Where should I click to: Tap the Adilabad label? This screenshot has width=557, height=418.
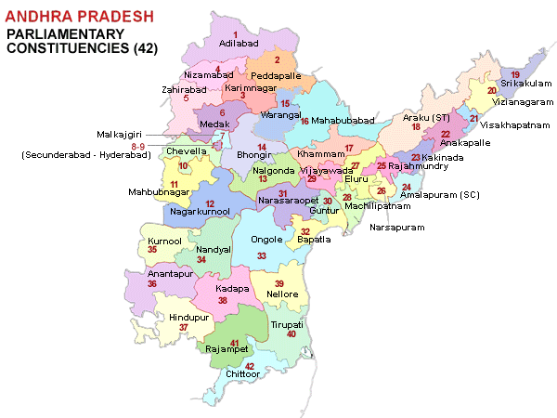tap(238, 43)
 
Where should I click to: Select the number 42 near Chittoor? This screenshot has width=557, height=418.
tap(249, 366)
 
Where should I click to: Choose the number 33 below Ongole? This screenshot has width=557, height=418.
tap(262, 255)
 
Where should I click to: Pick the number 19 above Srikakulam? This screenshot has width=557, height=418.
tap(514, 73)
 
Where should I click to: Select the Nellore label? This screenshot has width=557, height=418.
tap(282, 294)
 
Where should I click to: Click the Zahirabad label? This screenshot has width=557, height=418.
tap(180, 89)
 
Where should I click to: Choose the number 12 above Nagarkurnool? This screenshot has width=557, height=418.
tap(210, 203)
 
